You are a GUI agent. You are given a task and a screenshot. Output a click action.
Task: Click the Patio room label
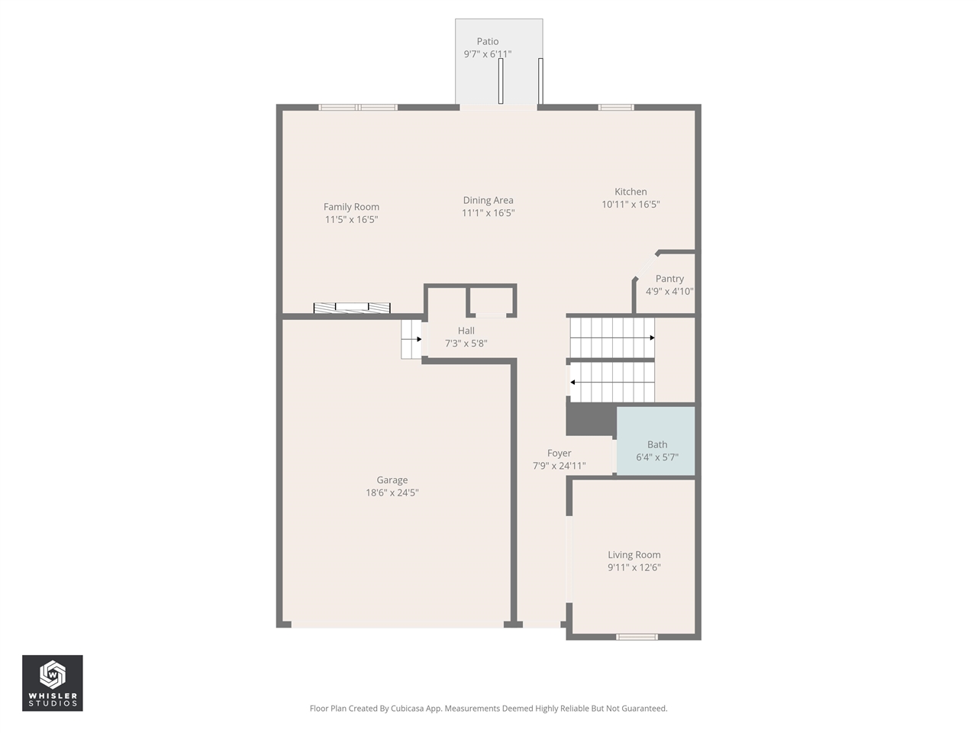point(488,42)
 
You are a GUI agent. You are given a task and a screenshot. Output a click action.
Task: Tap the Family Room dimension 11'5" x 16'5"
point(351,220)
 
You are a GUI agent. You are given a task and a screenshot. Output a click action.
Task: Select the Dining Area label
point(488,201)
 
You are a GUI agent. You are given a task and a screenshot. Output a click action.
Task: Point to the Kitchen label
point(630,192)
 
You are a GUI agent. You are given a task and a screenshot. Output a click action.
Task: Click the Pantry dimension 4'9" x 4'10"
point(669,292)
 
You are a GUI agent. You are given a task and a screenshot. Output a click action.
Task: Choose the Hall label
point(466,331)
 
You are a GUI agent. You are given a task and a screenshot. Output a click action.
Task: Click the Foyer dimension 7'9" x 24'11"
point(559,466)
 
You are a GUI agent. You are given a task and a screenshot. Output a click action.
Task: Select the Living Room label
point(634,555)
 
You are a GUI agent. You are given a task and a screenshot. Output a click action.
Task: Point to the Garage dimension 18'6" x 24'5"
point(392,493)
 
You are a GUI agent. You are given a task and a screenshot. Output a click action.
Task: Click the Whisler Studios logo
point(52,683)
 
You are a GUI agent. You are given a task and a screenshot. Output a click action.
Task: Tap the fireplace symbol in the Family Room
point(352,308)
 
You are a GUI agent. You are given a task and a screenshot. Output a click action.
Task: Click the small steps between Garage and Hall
point(411,339)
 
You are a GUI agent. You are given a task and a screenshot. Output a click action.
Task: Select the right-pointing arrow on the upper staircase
point(651,337)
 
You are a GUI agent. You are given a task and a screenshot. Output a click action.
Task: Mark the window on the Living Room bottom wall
point(637,637)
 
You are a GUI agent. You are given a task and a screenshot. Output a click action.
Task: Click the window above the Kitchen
point(615,108)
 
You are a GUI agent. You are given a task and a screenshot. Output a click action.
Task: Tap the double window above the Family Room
point(358,108)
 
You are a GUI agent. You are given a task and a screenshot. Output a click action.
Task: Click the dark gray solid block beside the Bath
point(590,419)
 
